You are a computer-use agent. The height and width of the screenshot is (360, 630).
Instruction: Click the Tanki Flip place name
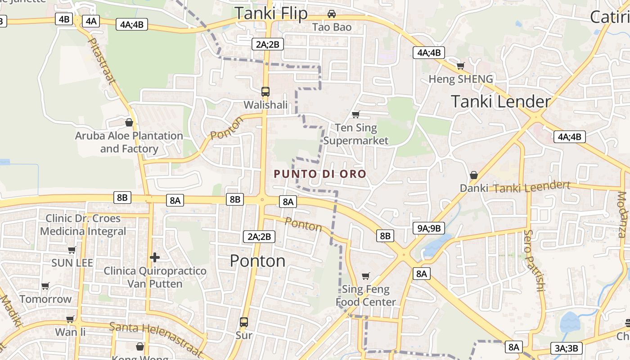(x=271, y=13)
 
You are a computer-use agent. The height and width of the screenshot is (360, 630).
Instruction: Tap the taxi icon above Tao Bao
(x=332, y=14)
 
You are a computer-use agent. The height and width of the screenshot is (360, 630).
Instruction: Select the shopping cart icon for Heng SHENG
(x=460, y=66)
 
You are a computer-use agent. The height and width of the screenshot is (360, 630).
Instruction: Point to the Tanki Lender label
(x=500, y=102)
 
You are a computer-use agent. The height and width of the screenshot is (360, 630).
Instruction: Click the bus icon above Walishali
(x=265, y=92)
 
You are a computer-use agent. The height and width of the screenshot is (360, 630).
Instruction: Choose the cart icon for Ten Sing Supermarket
(x=355, y=115)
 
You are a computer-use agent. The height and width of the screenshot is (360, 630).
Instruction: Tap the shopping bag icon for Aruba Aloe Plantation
(x=129, y=122)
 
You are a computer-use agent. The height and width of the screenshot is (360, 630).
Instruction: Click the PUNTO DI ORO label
(x=320, y=174)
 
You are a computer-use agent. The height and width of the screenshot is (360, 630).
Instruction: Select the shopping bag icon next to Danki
(x=473, y=175)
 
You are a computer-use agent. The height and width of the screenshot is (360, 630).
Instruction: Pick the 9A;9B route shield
(x=428, y=228)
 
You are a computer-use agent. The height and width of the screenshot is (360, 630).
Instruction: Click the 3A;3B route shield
(x=567, y=348)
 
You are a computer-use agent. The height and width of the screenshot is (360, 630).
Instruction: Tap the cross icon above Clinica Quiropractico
(x=155, y=257)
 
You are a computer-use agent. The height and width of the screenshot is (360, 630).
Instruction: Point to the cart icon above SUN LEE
(x=72, y=250)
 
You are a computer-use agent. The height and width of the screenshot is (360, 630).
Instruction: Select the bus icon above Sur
(x=244, y=322)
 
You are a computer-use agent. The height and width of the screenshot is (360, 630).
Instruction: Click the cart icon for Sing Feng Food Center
(x=366, y=276)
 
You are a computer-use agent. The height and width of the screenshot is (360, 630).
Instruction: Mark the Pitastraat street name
(x=102, y=61)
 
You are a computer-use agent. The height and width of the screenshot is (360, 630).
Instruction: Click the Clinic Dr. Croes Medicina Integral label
(x=83, y=225)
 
